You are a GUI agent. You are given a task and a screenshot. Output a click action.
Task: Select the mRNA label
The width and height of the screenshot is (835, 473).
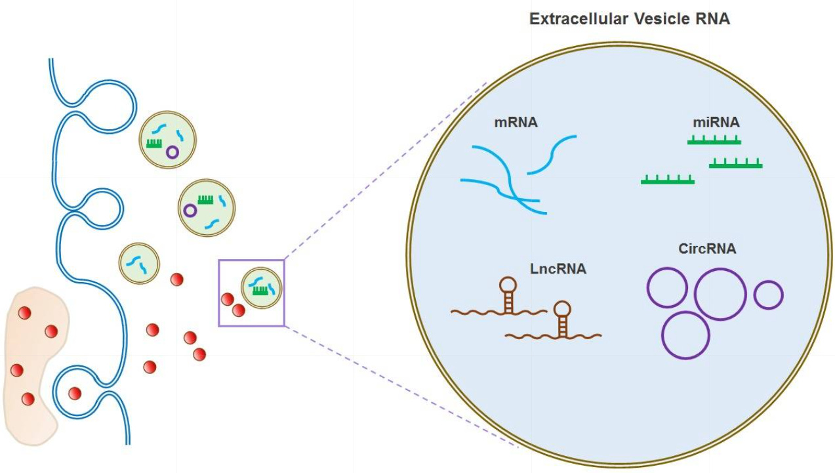click(x=517, y=121)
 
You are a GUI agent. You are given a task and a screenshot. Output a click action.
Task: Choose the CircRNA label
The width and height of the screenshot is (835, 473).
click(x=707, y=249)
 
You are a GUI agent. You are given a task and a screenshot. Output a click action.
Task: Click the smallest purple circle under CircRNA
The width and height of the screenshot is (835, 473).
click(x=768, y=295)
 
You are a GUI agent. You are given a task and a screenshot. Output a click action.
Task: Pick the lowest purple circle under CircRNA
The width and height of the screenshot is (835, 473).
click(x=686, y=335)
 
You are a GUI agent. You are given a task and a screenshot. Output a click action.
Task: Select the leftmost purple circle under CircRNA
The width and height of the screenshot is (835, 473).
click(x=667, y=288)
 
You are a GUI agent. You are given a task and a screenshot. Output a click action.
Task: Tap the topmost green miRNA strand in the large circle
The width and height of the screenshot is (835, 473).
click(x=714, y=141)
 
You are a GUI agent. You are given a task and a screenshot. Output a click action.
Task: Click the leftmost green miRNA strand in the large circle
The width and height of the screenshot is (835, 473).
click(x=668, y=180)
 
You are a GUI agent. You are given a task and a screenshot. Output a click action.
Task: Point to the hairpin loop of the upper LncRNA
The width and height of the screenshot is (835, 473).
click(x=508, y=284)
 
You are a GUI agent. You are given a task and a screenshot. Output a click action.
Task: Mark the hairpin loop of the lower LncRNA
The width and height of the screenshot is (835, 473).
click(x=562, y=308)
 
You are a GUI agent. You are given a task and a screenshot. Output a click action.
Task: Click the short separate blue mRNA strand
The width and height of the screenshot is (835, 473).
click(x=552, y=155)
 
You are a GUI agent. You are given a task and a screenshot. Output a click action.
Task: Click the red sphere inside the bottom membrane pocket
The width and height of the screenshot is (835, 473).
click(x=75, y=394)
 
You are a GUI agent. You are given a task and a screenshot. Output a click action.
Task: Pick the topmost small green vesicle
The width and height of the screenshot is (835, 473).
click(x=167, y=140)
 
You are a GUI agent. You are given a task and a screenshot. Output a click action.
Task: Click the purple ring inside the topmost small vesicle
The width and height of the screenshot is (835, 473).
click(x=172, y=152)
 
